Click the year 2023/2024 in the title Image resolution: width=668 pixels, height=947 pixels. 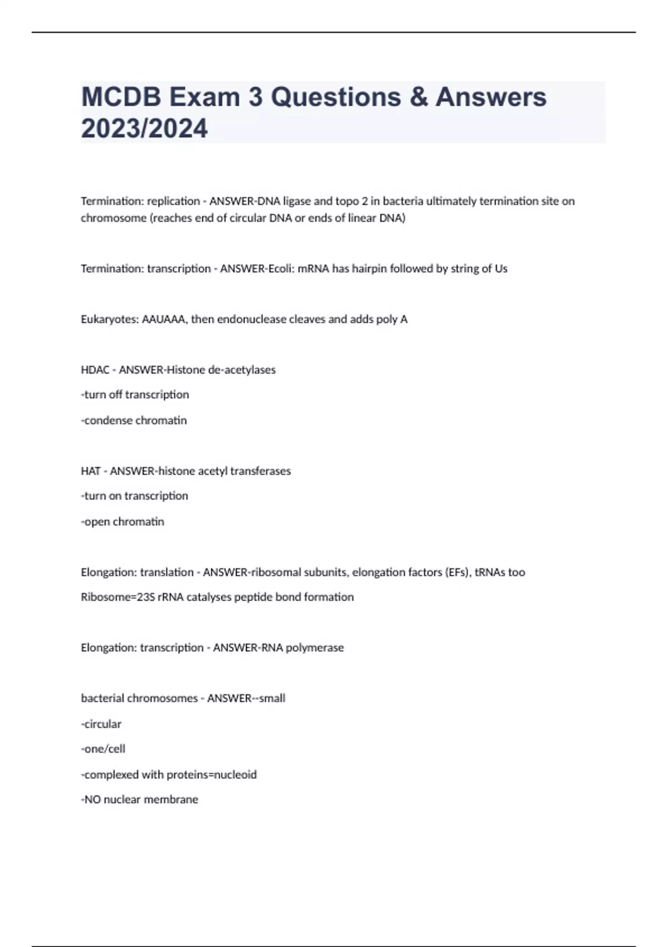pyautogui.click(x=144, y=129)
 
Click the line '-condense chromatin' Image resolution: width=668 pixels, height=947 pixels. pyautogui.click(x=134, y=421)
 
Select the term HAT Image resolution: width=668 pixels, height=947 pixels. pyautogui.click(x=90, y=471)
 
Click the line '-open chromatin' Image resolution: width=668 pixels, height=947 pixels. pyautogui.click(x=122, y=522)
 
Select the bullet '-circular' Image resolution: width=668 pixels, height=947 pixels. pyautogui.click(x=101, y=724)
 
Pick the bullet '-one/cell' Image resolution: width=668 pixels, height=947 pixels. pyautogui.click(x=103, y=749)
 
